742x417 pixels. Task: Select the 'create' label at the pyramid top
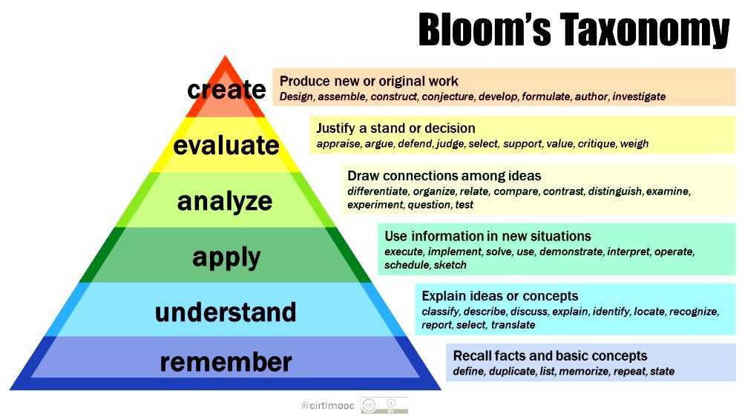(x=226, y=90)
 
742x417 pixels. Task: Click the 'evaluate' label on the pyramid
(x=226, y=145)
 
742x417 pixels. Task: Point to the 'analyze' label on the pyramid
(x=225, y=200)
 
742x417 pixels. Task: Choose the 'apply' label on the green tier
(x=226, y=257)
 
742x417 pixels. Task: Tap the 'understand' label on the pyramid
(x=226, y=312)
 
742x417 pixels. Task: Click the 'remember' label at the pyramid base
(x=226, y=362)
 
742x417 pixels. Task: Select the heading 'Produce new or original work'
(x=369, y=81)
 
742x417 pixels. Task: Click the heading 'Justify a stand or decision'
(x=395, y=128)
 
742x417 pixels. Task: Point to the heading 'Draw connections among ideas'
(x=444, y=176)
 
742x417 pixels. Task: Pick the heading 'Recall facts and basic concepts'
(x=550, y=355)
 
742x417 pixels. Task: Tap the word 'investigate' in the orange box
(x=639, y=96)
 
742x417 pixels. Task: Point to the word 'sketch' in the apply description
(x=450, y=265)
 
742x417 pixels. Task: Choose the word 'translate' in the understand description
(x=513, y=325)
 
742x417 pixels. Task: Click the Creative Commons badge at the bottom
(x=384, y=405)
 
